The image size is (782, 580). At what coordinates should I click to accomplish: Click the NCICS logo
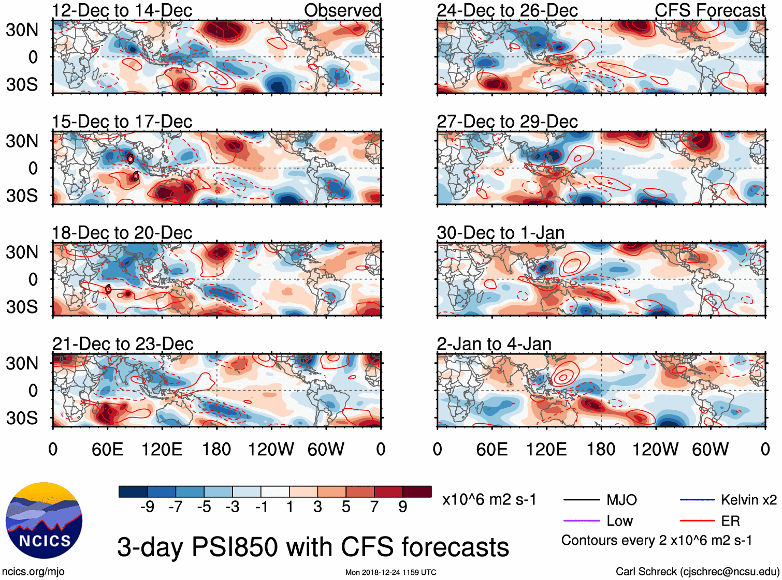click(44, 520)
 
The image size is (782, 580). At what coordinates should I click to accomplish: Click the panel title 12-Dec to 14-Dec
click(122, 10)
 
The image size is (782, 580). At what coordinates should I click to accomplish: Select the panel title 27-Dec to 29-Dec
click(507, 122)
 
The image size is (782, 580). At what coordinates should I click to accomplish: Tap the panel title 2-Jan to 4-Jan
click(494, 344)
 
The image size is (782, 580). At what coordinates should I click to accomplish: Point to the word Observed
click(343, 10)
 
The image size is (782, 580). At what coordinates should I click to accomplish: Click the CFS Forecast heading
click(710, 10)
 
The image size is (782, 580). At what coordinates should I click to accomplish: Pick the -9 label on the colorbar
click(148, 507)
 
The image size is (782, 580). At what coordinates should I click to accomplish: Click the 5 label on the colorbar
click(346, 507)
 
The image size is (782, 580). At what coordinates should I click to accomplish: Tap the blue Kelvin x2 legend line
click(697, 500)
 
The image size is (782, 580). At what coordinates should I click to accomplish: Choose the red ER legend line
click(697, 521)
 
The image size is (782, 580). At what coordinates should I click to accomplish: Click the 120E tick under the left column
click(162, 449)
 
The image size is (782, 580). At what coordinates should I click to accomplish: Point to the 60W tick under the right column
click(710, 449)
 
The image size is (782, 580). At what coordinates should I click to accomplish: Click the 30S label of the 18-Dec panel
click(22, 307)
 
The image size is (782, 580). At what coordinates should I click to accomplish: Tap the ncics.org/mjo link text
click(33, 572)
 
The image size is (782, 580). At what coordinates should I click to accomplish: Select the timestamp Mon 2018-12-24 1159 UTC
click(390, 572)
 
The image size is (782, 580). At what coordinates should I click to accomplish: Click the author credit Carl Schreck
click(697, 572)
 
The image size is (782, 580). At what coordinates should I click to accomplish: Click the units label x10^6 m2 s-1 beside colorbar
click(489, 500)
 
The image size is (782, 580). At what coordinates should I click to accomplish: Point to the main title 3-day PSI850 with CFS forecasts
click(313, 547)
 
